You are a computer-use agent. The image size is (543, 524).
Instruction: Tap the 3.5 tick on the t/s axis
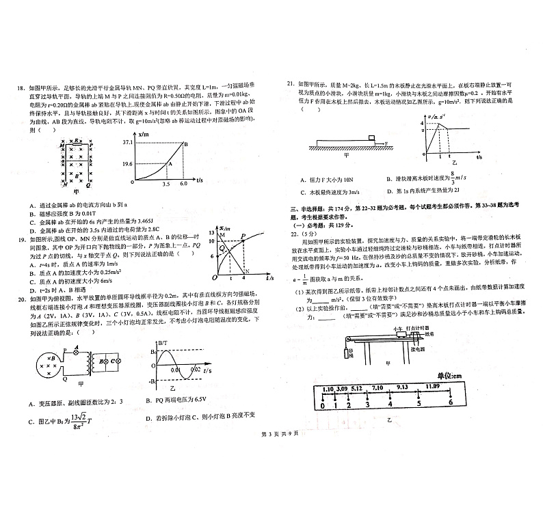tap(165, 185)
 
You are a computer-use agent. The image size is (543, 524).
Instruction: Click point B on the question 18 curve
tap(185, 143)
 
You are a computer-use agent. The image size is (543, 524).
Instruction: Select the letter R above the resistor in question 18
tap(77, 138)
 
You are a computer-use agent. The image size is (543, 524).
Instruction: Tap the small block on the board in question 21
tap(372, 139)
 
